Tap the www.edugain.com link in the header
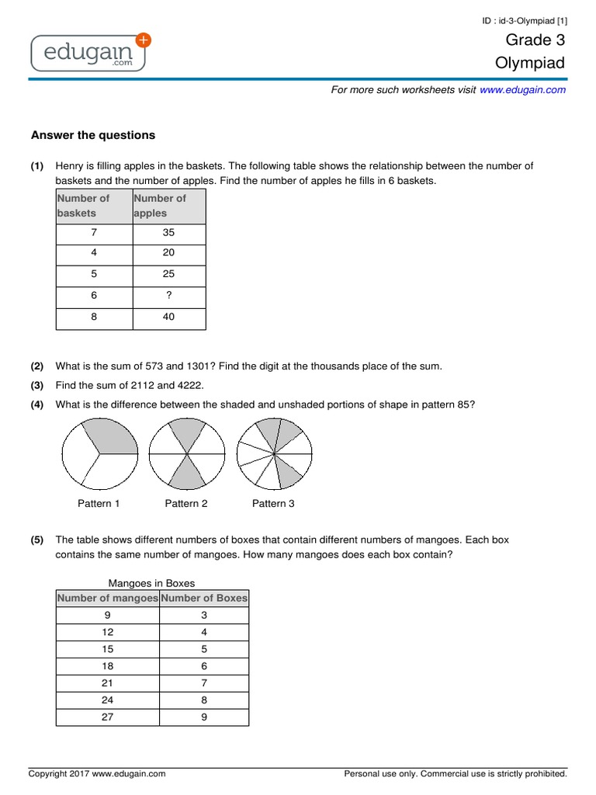522,90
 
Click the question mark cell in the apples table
169,295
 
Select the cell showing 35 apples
169,231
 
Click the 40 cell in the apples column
169,317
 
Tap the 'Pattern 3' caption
273,504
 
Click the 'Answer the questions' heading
93,135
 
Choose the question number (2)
37,366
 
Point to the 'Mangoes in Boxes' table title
151,583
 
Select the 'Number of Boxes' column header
204,598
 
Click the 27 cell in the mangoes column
107,717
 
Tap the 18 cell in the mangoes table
107,666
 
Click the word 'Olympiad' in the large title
530,64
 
